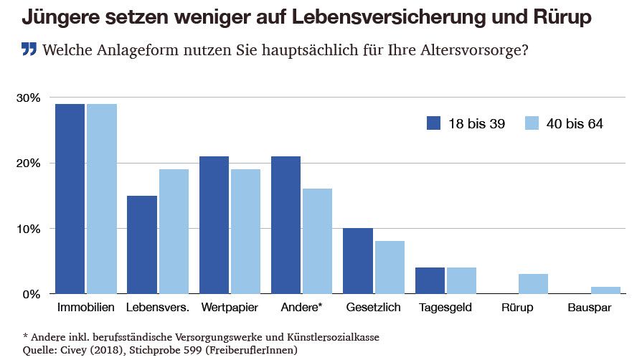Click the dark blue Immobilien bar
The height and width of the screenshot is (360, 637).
point(70,199)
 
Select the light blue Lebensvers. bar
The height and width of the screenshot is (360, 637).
point(174,232)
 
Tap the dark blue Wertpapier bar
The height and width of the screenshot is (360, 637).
point(214,225)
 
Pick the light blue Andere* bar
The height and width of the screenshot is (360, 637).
point(318,241)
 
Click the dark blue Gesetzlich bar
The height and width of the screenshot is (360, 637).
point(357,261)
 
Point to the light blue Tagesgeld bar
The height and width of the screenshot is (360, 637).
point(461,280)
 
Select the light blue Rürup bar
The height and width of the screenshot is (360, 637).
point(533,284)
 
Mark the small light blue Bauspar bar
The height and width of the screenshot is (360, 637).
point(605,290)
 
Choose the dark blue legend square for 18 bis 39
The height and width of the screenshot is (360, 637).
point(433,123)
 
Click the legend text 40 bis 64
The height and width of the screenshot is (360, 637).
point(575,123)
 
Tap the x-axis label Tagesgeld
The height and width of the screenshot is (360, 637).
point(446,308)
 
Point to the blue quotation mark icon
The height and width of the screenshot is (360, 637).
point(29,50)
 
